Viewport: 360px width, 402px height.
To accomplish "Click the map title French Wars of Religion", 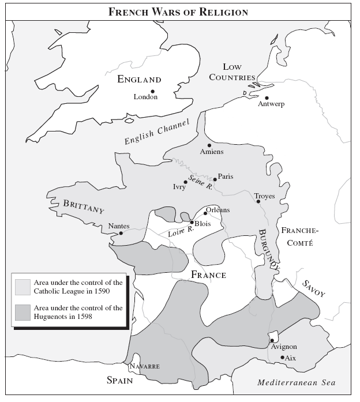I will point(179,11).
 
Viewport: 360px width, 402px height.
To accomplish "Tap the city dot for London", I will point(153,91).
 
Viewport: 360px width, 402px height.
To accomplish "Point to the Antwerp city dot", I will point(267,97).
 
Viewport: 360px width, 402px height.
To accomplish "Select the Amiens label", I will point(211,152).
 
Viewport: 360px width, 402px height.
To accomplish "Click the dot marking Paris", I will point(215,179).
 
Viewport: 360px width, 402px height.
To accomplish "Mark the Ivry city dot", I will point(185,182).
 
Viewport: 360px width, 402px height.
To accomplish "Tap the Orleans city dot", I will point(205,213).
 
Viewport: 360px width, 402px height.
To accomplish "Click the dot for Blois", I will point(192,222).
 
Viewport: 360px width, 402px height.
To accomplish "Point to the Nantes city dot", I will point(121,233).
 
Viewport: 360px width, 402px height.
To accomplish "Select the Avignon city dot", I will point(272,340).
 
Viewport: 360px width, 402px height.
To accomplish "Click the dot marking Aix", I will point(282,358).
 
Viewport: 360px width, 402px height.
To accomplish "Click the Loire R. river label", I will point(181,232).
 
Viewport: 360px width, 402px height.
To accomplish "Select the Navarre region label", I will point(144,366).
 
